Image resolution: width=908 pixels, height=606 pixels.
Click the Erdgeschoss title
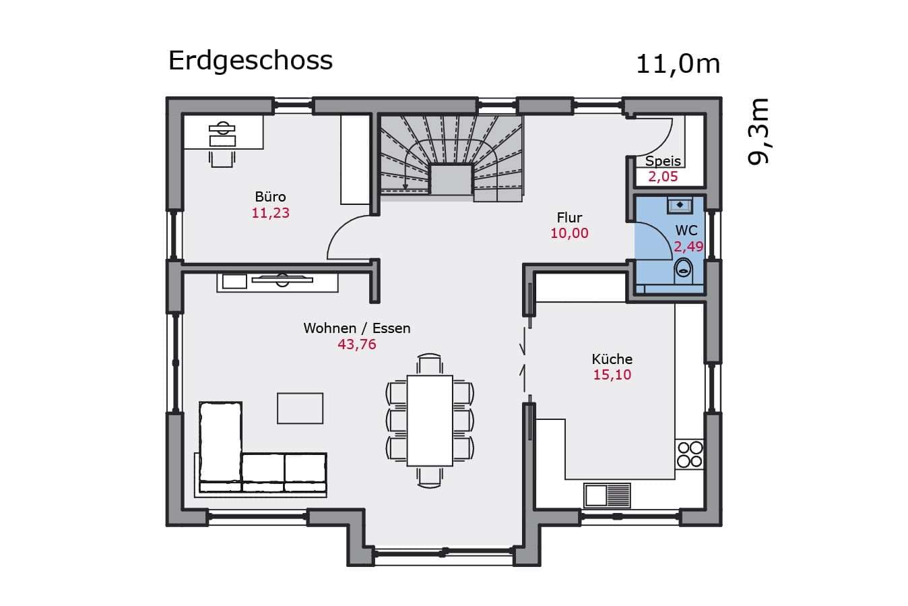(x=250, y=61)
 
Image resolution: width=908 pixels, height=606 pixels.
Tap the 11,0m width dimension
(x=678, y=65)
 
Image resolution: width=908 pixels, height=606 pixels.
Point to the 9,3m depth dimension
(x=758, y=131)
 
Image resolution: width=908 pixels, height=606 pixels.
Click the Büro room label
(x=270, y=197)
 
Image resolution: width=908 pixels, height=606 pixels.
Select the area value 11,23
(x=270, y=213)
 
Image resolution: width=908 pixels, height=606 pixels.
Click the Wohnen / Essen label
(x=357, y=328)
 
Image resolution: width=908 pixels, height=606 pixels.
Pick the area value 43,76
(x=357, y=344)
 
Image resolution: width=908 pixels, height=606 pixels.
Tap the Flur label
(x=569, y=218)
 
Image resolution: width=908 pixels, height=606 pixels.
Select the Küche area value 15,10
(x=612, y=375)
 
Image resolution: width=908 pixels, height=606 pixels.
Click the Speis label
(x=663, y=161)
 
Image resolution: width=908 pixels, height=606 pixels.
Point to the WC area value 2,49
(x=688, y=247)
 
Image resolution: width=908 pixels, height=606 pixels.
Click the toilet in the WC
(x=684, y=270)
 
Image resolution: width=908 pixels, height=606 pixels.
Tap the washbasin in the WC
(x=680, y=205)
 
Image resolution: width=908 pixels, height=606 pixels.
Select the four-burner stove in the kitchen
(x=690, y=454)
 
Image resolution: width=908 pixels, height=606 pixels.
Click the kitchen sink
(x=607, y=495)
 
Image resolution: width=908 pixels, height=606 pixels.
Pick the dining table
(x=430, y=421)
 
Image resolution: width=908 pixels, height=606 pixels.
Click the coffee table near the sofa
(x=300, y=408)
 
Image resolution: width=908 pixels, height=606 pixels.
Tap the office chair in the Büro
(x=222, y=158)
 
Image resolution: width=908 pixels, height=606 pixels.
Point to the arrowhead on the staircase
(x=405, y=186)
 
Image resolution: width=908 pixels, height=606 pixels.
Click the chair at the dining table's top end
(x=430, y=363)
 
